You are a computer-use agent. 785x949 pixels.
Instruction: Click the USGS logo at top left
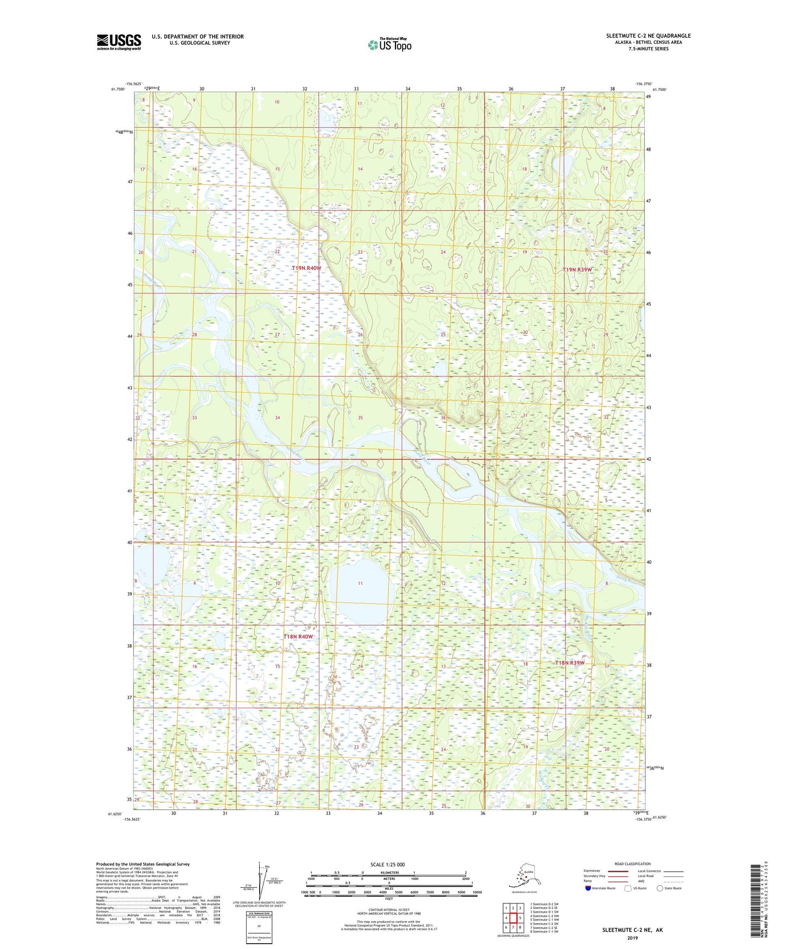(118, 42)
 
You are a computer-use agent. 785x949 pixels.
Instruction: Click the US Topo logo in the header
(390, 45)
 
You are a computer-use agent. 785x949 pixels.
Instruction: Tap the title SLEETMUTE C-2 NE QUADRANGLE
(648, 36)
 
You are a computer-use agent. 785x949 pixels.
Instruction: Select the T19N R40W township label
(306, 268)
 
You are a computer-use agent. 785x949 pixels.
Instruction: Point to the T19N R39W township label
(577, 270)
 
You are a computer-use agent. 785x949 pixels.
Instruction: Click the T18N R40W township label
(298, 636)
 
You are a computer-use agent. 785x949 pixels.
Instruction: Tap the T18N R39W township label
(570, 663)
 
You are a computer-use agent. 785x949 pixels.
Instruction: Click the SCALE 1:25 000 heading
(387, 864)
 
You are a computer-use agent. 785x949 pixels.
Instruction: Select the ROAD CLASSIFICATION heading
(632, 864)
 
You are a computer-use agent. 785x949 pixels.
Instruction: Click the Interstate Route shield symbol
(588, 888)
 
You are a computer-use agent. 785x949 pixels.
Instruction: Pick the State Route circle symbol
(660, 888)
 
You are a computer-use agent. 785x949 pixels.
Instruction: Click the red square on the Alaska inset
(526, 876)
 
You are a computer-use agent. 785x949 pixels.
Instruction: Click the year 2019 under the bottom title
(632, 938)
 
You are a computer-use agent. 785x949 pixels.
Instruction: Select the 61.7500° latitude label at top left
(117, 90)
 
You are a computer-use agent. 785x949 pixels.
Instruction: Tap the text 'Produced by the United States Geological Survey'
(143, 864)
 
